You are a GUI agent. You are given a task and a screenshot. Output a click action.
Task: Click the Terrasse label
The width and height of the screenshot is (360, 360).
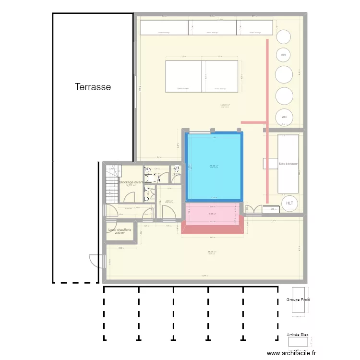pos(93,87)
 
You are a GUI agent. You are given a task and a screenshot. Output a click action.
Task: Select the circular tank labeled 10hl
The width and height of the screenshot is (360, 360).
pos(283,56)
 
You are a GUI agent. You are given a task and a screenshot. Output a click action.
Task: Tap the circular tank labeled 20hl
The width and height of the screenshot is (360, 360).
pos(284,117)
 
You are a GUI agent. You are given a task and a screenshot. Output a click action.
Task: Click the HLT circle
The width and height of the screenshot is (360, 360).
pos(289,203)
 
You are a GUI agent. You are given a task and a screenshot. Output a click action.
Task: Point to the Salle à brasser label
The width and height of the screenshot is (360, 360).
pos(288,164)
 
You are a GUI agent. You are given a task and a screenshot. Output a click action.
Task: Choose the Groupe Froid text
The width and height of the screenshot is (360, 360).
pos(298,300)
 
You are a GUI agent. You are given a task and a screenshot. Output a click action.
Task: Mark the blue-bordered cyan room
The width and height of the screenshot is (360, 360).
pos(214,166)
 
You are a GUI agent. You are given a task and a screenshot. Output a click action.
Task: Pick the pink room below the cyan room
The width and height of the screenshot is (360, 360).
pos(212,214)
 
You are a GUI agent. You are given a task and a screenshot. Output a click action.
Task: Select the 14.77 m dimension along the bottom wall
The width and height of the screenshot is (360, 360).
pos(204,276)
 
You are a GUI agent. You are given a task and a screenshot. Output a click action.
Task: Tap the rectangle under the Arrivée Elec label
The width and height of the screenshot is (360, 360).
pos(297,342)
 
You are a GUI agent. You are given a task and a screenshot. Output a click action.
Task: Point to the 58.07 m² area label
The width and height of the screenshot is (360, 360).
pos(212,252)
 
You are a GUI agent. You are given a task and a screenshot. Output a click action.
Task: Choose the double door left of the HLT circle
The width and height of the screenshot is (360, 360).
pos(253,210)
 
